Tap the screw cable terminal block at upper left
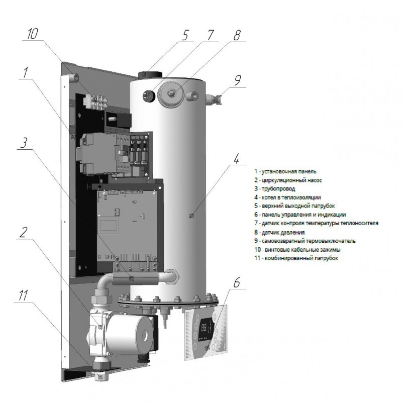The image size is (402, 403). [95, 100]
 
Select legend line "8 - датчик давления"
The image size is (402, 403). [280, 232]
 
